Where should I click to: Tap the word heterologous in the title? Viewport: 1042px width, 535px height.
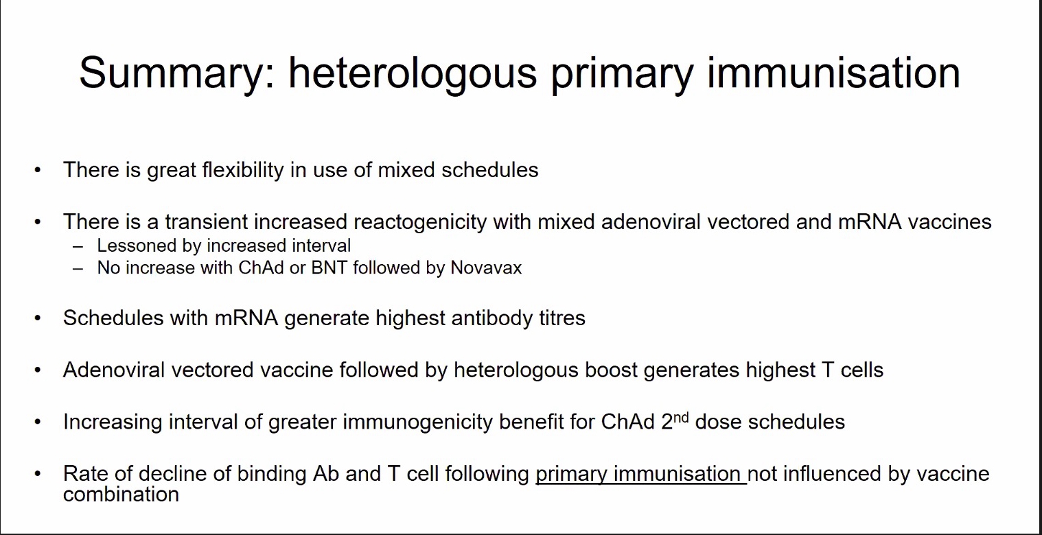point(413,73)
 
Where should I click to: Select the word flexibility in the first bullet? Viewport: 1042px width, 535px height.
point(243,170)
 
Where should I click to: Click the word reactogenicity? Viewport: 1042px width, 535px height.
point(420,222)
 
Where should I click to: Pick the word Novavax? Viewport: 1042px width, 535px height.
point(486,267)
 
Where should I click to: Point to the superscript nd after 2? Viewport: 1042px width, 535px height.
point(681,418)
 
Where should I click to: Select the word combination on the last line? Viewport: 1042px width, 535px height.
point(121,494)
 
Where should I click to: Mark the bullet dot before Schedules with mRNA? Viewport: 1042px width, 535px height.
point(38,318)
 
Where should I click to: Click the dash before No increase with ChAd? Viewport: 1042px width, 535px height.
point(78,269)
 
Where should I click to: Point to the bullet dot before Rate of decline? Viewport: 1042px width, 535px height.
point(38,474)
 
